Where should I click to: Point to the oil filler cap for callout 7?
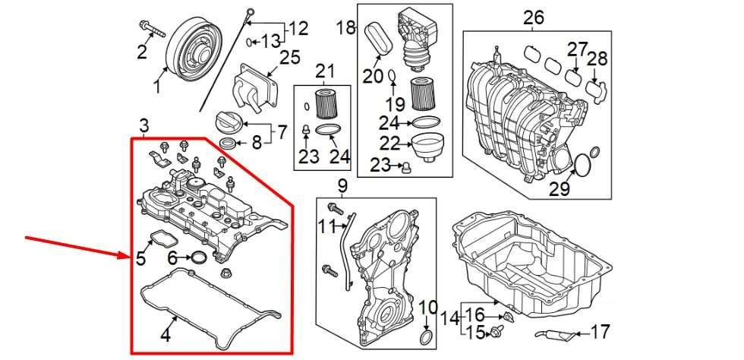229,122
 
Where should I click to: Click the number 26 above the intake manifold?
534,17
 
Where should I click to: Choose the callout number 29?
560,188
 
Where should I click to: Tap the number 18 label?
346,29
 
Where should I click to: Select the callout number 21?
325,72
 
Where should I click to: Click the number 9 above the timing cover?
342,185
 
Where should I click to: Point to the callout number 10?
428,308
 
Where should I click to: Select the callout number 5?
141,258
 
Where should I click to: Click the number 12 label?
298,29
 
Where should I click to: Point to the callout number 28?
597,59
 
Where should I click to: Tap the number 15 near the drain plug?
474,332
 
